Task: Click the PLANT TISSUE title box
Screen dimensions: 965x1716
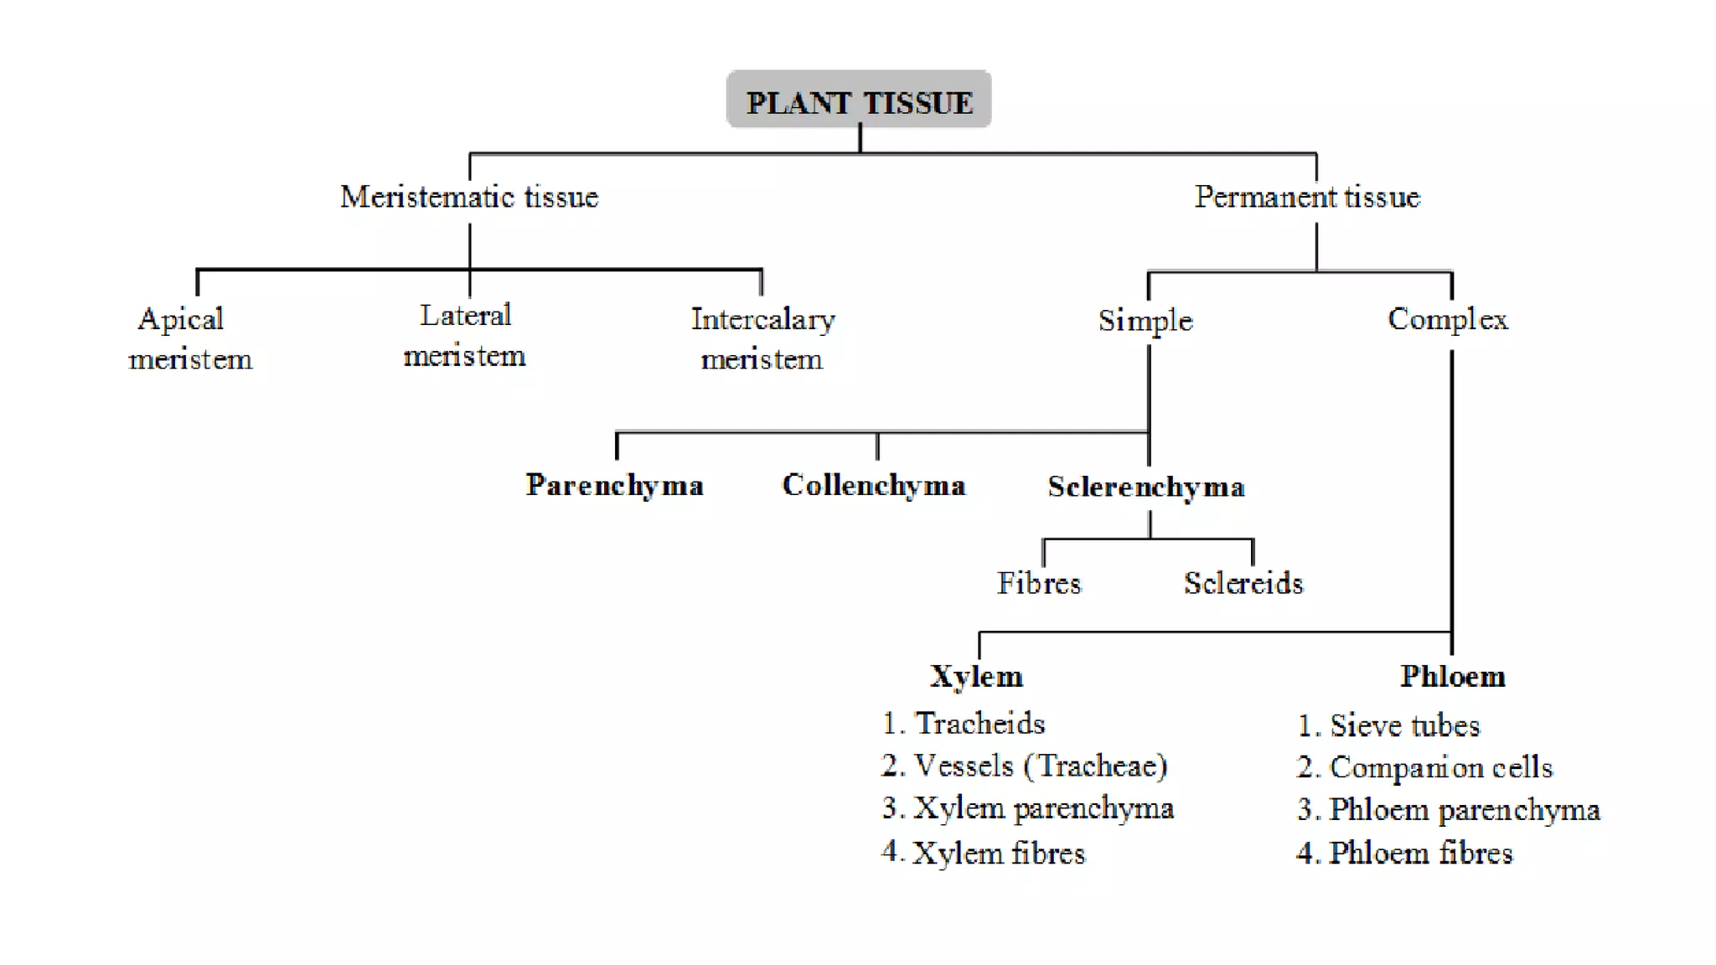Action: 859,101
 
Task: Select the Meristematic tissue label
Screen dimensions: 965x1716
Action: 469,197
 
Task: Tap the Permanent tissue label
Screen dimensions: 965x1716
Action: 1307,197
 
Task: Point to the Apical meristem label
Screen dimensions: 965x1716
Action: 189,338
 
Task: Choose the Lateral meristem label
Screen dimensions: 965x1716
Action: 465,335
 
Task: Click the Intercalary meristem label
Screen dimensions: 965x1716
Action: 762,338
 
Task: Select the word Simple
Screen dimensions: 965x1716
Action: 1145,320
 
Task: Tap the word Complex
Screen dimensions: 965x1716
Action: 1448,319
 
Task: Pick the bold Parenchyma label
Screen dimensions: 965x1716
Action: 614,485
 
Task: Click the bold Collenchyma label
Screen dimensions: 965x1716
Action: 874,485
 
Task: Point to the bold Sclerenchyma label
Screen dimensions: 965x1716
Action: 1146,487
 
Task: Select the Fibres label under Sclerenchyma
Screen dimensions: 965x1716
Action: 1039,583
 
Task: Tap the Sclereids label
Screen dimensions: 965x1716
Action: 1243,583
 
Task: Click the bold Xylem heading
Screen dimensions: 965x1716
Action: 977,676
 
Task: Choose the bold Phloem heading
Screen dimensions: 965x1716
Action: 1452,676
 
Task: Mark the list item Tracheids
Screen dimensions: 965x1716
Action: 979,723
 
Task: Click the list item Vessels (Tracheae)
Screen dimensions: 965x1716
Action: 1039,766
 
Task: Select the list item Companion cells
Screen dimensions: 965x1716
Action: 1439,767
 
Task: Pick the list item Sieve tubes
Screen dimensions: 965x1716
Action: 1404,725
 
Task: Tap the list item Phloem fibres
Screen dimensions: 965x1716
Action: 1420,853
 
